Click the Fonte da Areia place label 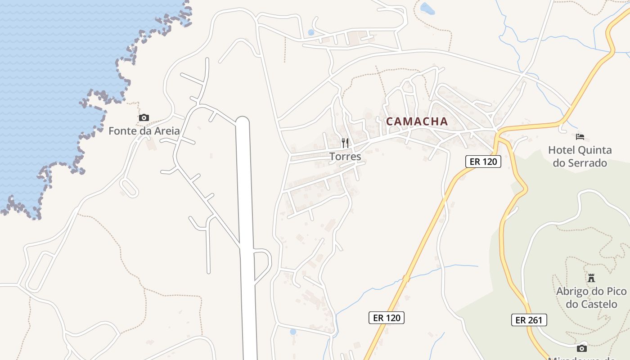[x=144, y=131]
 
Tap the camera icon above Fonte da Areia [x=144, y=118]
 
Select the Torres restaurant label [x=345, y=157]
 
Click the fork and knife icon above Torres [x=345, y=144]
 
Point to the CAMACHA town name [x=417, y=121]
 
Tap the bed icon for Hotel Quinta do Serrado [x=580, y=136]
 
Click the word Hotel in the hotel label [x=562, y=150]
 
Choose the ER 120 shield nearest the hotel [x=483, y=162]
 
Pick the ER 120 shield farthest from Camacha [x=387, y=318]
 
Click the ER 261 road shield [x=529, y=320]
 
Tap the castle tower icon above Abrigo [x=591, y=278]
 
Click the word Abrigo [x=573, y=291]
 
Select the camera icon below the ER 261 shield [x=581, y=348]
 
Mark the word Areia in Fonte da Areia [x=167, y=131]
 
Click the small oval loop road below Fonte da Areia [x=129, y=188]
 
